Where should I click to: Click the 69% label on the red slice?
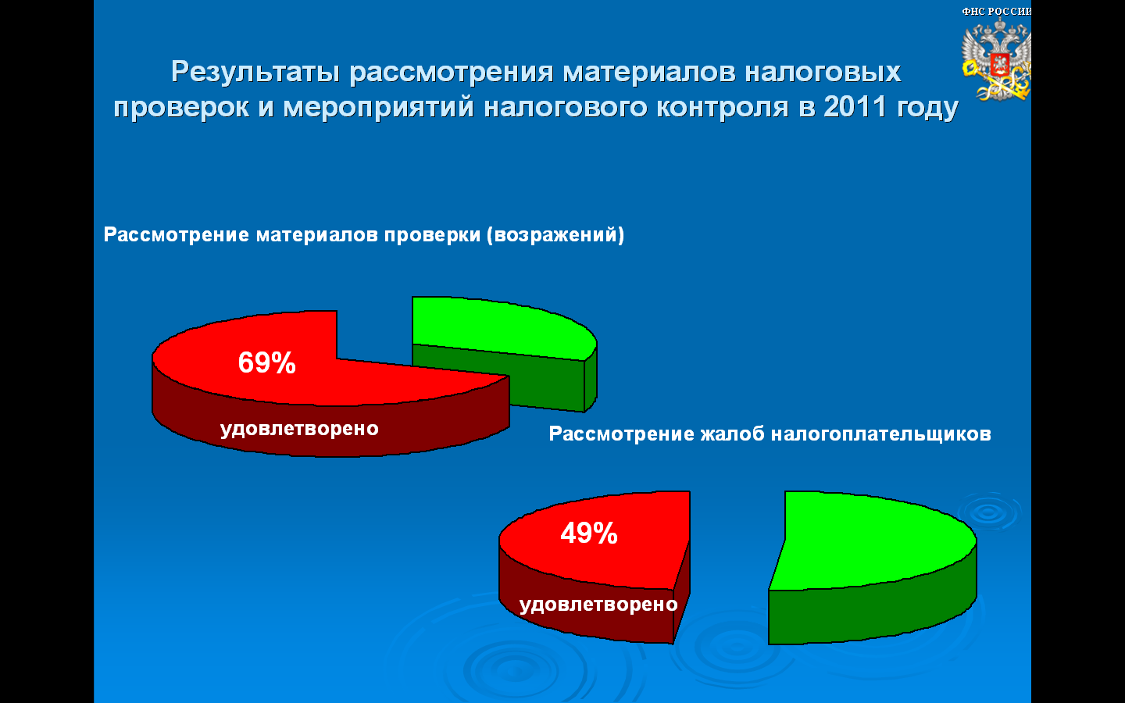pyautogui.click(x=266, y=362)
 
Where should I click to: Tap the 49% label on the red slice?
pyautogui.click(x=589, y=533)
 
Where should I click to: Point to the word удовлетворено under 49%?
pyautogui.click(x=598, y=605)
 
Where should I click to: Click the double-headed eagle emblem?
pyautogui.click(x=996, y=59)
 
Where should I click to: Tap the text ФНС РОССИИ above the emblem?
pyautogui.click(x=996, y=12)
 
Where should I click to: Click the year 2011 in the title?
pyautogui.click(x=855, y=107)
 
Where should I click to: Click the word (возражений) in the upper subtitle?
pyautogui.click(x=555, y=235)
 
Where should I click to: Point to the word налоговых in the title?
pyautogui.click(x=823, y=72)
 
